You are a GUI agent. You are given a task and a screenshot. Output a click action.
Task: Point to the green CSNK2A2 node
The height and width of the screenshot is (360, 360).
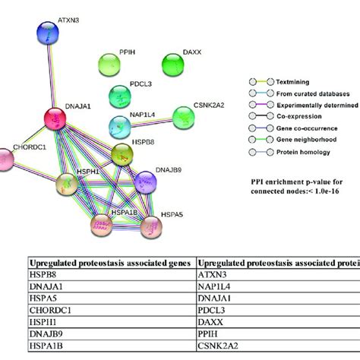click(x=183, y=118)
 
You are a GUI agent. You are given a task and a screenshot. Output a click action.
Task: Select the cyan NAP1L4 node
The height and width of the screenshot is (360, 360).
click(x=120, y=125)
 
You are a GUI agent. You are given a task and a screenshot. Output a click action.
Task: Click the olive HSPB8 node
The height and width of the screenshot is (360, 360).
click(x=123, y=153)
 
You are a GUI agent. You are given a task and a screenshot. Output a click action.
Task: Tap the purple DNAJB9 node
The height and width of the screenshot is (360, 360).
click(x=145, y=182)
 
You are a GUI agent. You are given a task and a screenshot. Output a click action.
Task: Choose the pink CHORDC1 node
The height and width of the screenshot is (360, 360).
click(x=6, y=159)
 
